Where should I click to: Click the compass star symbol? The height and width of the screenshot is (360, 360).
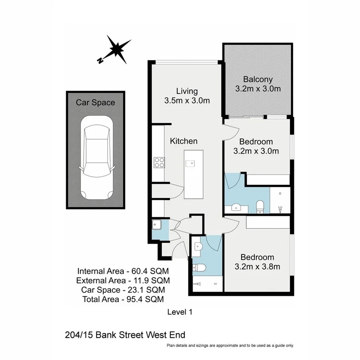click(118, 49)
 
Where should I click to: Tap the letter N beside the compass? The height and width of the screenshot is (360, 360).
click(100, 60)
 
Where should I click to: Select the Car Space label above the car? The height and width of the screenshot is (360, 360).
click(95, 103)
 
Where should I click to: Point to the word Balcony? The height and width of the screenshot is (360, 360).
click(258, 79)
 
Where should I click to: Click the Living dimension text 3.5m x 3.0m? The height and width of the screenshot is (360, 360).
click(187, 101)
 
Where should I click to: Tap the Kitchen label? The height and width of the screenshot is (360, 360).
click(184, 141)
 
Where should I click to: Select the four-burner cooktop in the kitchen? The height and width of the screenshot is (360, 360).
click(159, 162)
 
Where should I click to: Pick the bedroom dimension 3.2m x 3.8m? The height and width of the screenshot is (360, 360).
click(257, 267)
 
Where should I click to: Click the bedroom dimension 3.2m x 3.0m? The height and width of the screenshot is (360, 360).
click(256, 151)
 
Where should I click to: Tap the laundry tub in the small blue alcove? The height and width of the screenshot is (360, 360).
click(156, 225)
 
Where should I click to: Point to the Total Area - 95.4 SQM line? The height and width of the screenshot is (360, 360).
click(123, 299)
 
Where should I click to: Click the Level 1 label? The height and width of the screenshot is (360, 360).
click(179, 312)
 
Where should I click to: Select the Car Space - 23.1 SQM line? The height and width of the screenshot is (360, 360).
click(123, 289)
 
